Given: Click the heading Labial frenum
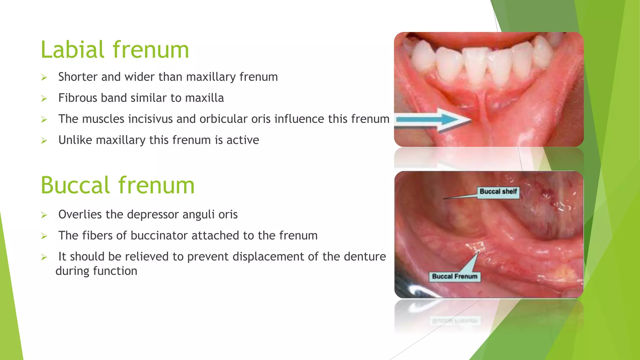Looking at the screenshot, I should click(x=115, y=50).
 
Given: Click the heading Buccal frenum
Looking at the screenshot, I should click(x=117, y=185).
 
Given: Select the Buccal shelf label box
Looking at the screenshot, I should click(x=498, y=192).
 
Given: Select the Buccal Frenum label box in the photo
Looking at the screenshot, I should click(x=454, y=277).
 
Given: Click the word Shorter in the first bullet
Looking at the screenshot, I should click(x=78, y=77).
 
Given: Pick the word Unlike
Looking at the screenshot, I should click(x=75, y=140).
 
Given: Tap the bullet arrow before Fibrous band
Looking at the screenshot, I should click(x=44, y=99).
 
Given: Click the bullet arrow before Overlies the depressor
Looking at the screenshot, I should click(x=44, y=215).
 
